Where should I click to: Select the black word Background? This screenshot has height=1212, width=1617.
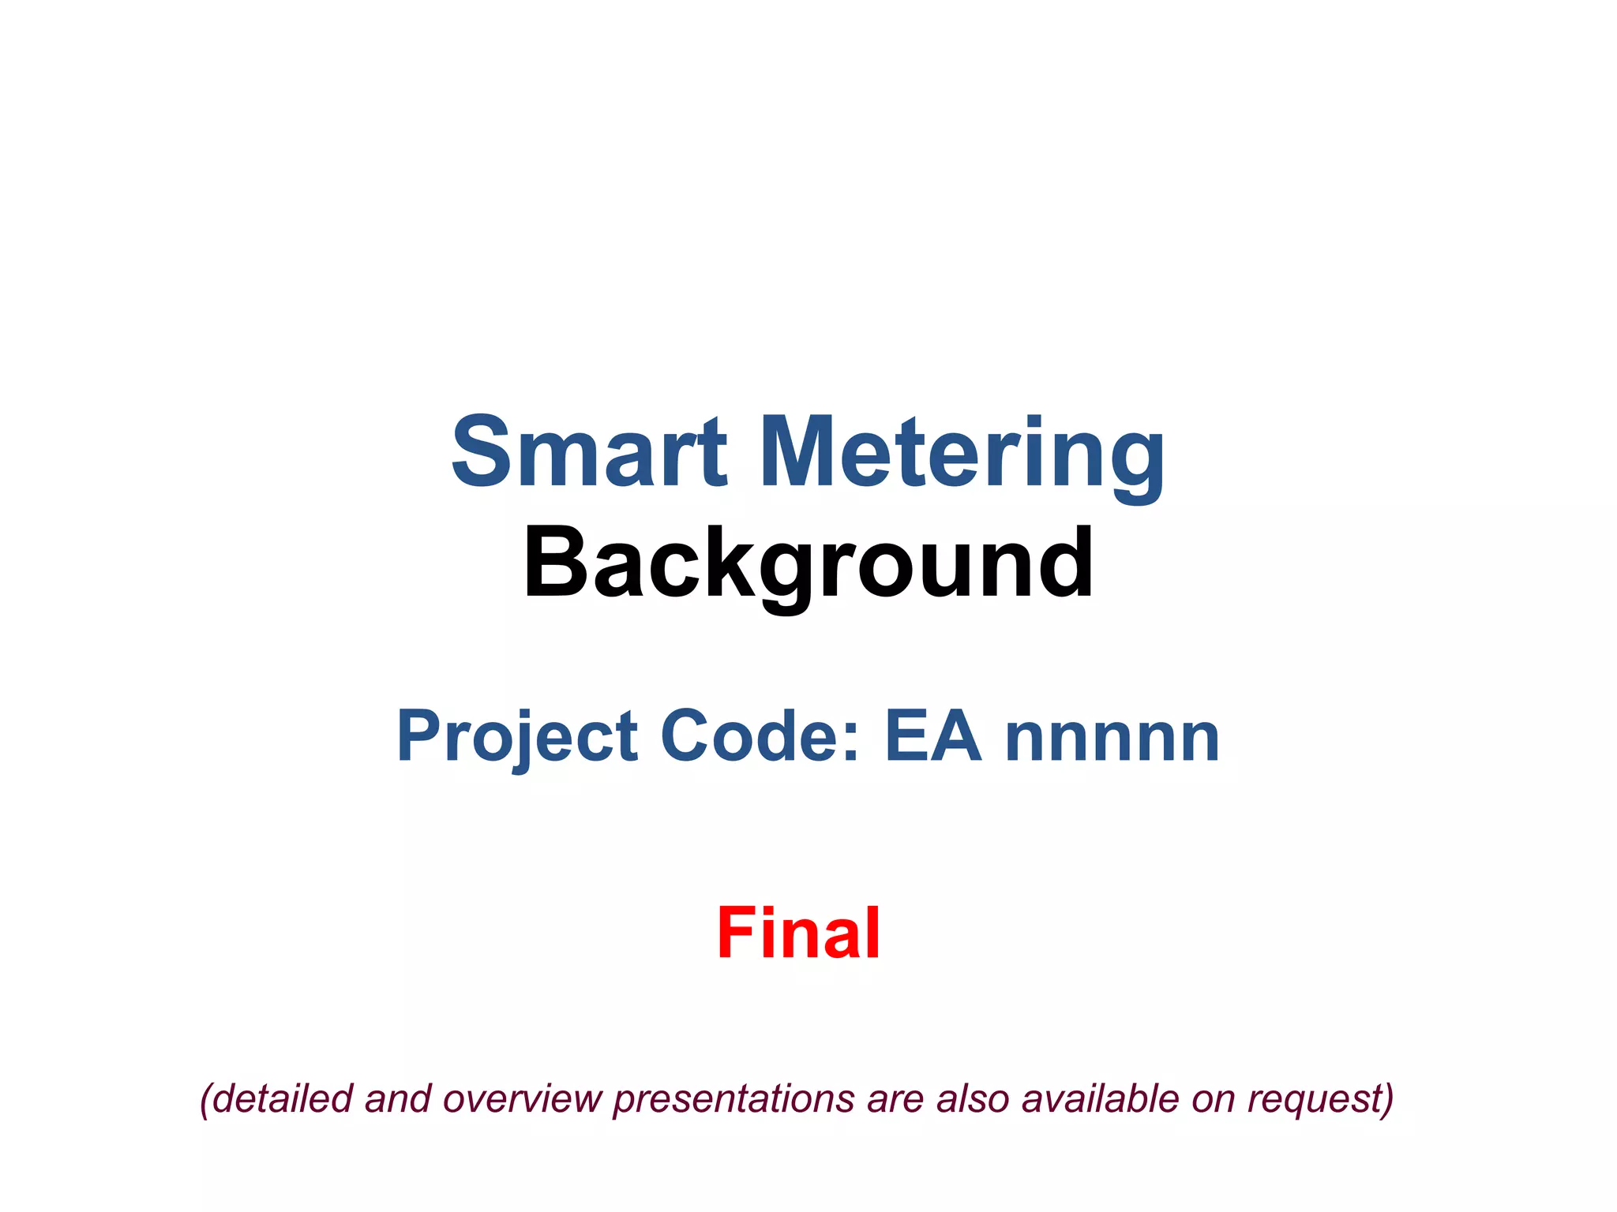click(x=808, y=565)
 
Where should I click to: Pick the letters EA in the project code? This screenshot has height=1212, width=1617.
click(x=933, y=736)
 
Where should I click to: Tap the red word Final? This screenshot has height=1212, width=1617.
click(x=798, y=933)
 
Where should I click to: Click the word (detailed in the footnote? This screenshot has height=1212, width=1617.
click(x=276, y=1098)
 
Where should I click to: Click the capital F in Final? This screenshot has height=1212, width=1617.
click(x=735, y=933)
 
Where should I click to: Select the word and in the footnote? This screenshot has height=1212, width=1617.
click(x=398, y=1098)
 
